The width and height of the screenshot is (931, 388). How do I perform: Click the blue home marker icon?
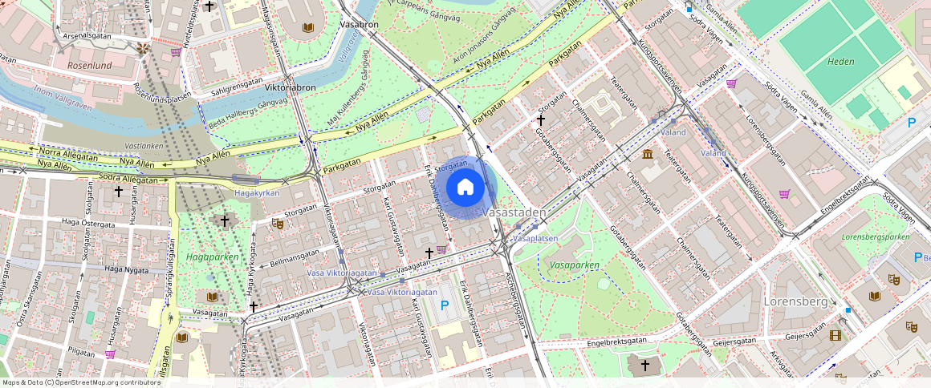[x=465, y=188]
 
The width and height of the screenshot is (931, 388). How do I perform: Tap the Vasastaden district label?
[x=514, y=213]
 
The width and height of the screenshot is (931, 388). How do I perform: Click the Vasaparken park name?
[x=575, y=265]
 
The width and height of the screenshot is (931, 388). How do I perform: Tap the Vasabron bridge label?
[x=359, y=25]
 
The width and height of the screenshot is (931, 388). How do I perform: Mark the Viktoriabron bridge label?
[x=290, y=87]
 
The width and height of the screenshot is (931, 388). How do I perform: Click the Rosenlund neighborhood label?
[x=91, y=65]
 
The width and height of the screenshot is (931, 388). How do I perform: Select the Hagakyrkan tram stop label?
[x=257, y=193]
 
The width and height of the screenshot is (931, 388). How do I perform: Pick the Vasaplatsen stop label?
[x=535, y=239]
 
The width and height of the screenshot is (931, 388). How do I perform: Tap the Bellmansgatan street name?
[x=295, y=256]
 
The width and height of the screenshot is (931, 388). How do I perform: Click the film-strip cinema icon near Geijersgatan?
[x=835, y=335]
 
